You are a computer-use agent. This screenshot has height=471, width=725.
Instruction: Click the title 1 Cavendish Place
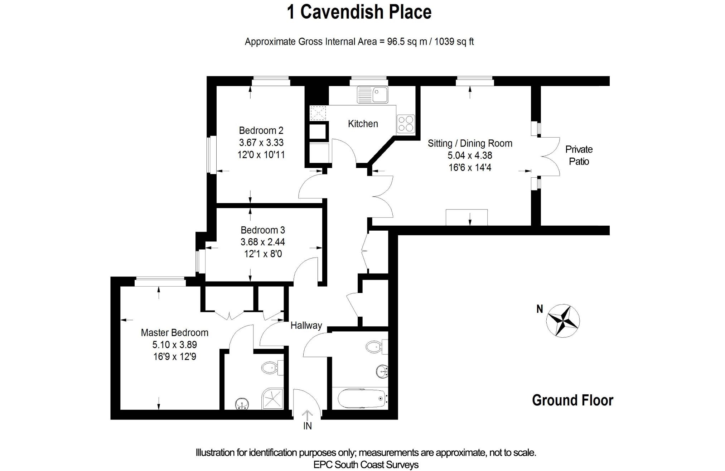(x=359, y=12)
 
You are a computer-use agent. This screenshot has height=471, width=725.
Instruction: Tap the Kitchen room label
(x=363, y=124)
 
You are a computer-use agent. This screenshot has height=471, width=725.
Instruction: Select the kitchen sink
(x=372, y=95)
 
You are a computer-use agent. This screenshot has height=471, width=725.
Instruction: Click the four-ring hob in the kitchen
(x=406, y=124)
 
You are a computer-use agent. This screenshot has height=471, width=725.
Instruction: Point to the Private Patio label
(x=579, y=155)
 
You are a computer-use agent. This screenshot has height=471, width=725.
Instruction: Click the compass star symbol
(x=563, y=321)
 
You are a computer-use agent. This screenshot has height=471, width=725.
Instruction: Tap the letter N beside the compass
(x=540, y=309)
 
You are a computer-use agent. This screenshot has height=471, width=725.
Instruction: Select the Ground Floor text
(x=572, y=400)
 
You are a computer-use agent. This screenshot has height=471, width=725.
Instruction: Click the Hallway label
(x=306, y=326)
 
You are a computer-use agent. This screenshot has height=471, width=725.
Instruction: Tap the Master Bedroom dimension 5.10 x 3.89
(x=175, y=345)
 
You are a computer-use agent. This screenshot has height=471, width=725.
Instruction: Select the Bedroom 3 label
(x=263, y=230)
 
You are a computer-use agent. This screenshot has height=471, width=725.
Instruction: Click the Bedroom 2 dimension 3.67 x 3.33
(x=261, y=143)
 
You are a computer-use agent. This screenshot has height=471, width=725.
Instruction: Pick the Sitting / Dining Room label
(x=470, y=144)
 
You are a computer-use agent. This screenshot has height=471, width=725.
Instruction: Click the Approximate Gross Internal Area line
(x=359, y=42)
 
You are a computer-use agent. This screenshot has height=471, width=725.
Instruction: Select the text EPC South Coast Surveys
(x=366, y=465)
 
